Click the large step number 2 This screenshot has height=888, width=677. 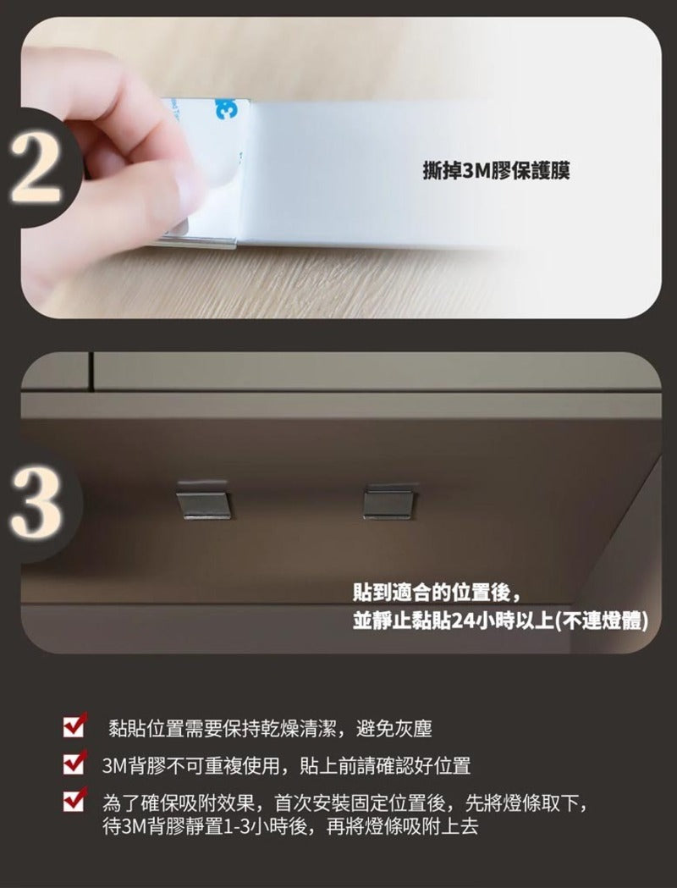[x=35, y=168]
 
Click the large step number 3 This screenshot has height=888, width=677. [x=35, y=503]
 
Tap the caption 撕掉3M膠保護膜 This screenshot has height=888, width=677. [x=497, y=170]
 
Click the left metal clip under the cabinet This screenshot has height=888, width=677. [x=204, y=500]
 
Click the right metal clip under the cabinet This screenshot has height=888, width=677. [x=389, y=501]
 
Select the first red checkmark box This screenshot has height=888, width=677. [x=74, y=725]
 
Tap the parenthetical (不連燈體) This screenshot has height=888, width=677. [x=602, y=621]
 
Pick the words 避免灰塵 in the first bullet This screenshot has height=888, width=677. [x=394, y=728]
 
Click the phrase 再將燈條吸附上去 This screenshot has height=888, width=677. [x=403, y=826]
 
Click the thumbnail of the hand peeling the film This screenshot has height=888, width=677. [x=341, y=168]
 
